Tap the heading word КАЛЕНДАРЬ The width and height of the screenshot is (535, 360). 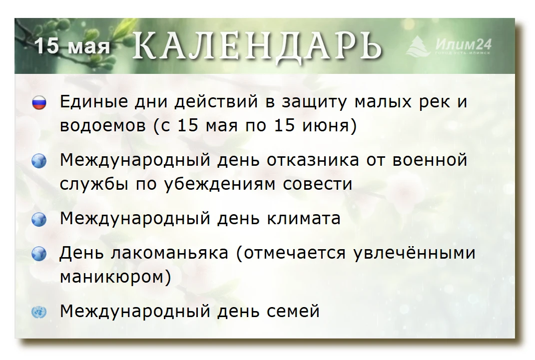pos(257,46)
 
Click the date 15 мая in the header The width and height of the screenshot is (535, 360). pos(72,45)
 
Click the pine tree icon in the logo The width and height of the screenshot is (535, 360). pos(418,46)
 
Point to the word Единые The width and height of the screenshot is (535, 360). pos(89,101)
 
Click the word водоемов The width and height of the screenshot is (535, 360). pos(103,125)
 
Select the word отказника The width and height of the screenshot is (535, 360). pos(313,160)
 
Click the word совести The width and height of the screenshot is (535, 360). pos(318,184)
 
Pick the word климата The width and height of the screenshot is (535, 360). pos(304,219)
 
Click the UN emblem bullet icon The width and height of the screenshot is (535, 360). pos(39,312)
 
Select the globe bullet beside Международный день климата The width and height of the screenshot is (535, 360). pos(39,219)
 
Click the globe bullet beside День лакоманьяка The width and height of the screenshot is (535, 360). pos(39,254)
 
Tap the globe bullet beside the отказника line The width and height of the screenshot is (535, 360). pos(39,161)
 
